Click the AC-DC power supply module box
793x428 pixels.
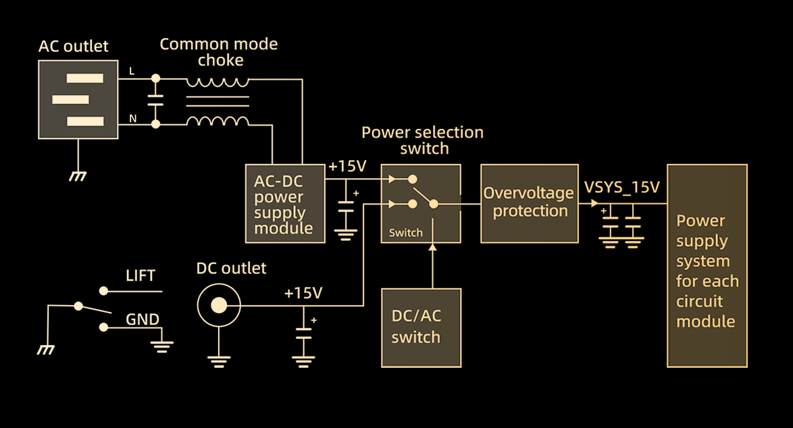tap(285, 204)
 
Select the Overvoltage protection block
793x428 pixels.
tap(530, 204)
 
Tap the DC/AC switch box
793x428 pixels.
tap(421, 328)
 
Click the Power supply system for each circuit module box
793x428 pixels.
tap(707, 266)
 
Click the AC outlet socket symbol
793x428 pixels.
tap(78, 99)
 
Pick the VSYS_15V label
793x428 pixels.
tap(621, 188)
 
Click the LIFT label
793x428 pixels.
tap(140, 276)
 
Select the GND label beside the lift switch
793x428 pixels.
tap(143, 319)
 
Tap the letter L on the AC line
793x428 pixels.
tap(132, 72)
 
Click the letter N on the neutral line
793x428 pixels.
tap(133, 119)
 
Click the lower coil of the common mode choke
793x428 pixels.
tap(218, 119)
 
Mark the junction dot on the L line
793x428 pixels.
tap(156, 78)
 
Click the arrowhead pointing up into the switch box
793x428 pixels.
tap(432, 246)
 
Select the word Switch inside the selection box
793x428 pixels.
tap(405, 233)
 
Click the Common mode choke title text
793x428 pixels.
tap(219, 52)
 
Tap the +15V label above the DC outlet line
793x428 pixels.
tap(303, 293)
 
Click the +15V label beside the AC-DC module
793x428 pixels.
tap(347, 166)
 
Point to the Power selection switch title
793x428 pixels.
tap(423, 140)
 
